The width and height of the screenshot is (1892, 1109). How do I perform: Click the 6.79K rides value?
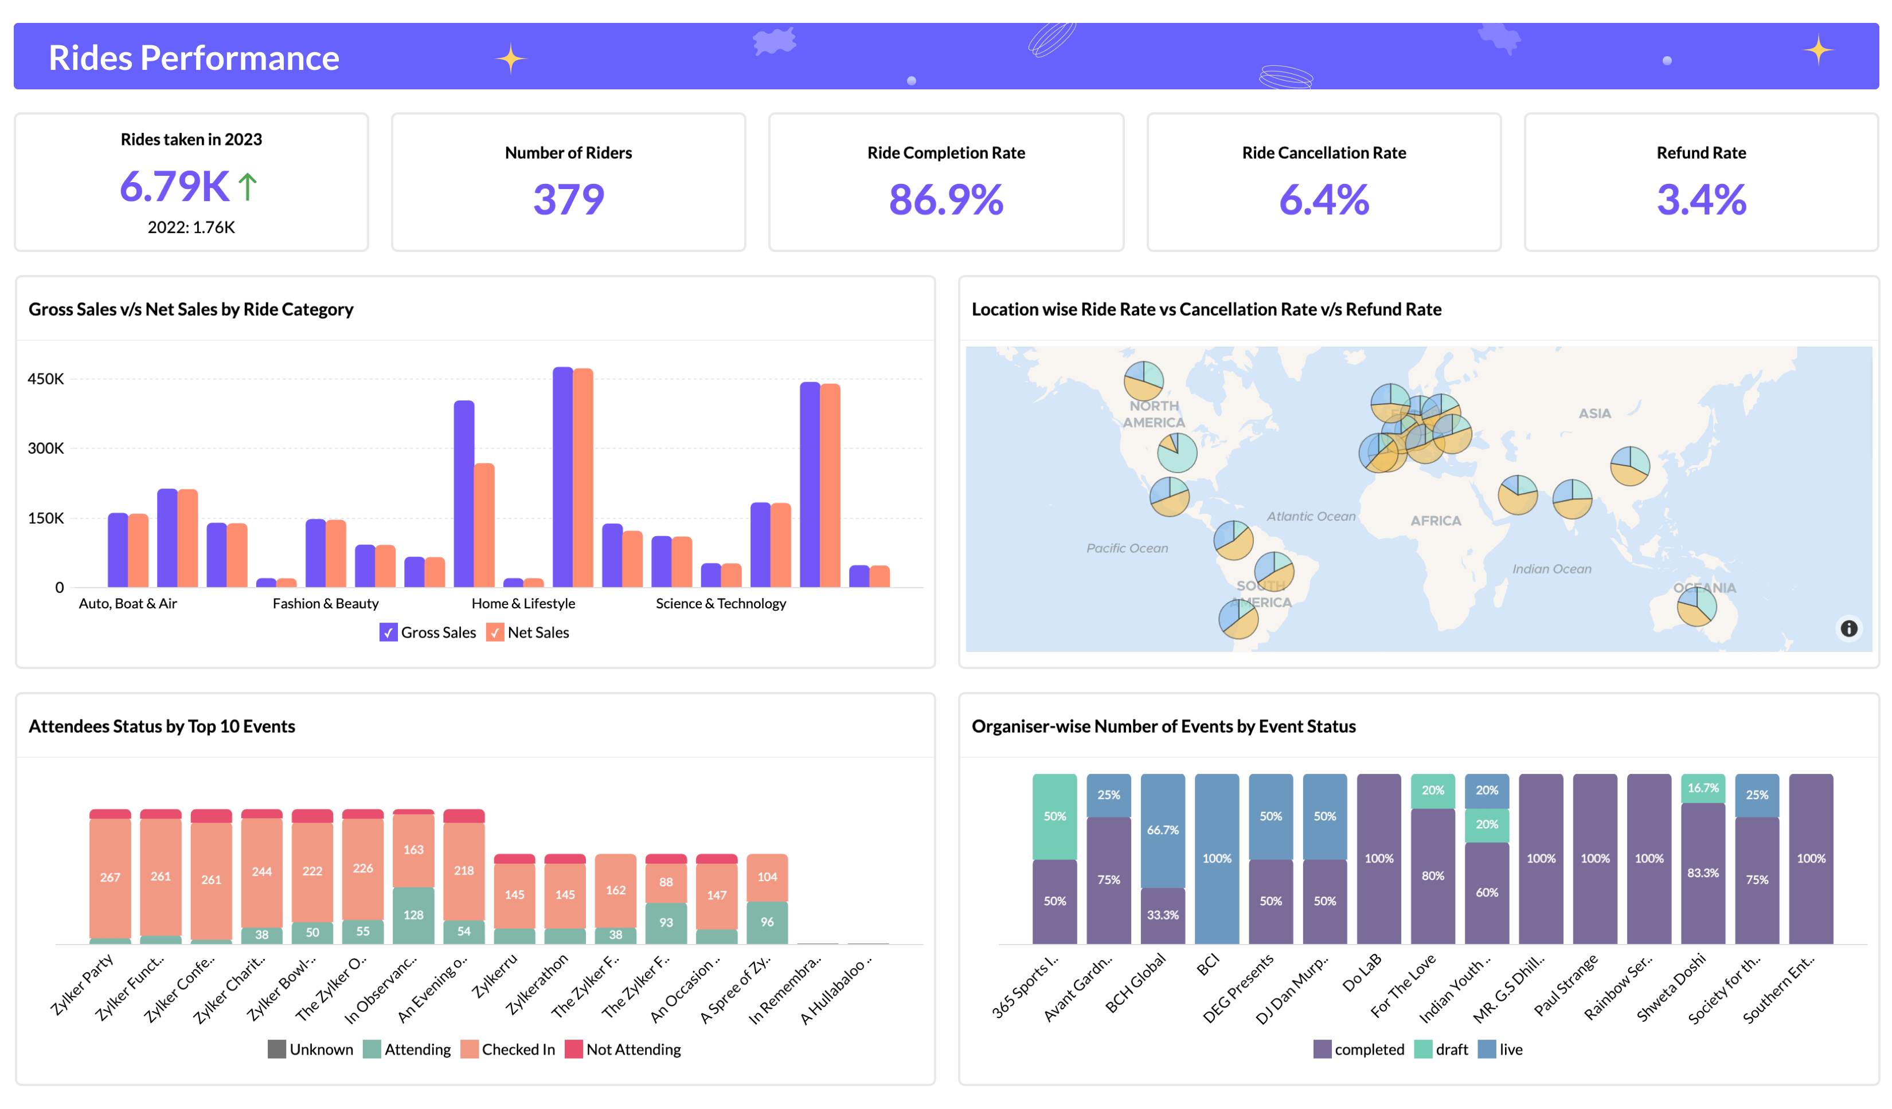click(174, 186)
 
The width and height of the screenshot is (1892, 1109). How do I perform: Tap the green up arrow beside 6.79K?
click(248, 187)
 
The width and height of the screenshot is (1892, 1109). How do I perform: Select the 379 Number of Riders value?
click(568, 199)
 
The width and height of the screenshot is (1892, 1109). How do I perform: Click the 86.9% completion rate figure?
click(945, 199)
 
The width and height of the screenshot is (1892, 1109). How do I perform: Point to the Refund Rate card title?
click(1701, 153)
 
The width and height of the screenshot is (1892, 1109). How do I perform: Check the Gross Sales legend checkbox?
click(388, 632)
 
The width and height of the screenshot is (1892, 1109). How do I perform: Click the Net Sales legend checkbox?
click(495, 632)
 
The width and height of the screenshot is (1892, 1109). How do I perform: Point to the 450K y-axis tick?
click(46, 379)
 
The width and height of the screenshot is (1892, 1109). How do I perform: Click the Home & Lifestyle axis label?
click(523, 603)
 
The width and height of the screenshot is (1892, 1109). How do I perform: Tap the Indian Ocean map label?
click(1551, 569)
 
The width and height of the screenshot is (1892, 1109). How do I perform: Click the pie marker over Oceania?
click(1696, 606)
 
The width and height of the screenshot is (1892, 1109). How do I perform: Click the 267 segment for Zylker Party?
click(110, 877)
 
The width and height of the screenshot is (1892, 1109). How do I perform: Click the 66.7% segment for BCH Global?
click(1162, 830)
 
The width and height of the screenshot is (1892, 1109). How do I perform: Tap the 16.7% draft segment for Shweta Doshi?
click(1702, 788)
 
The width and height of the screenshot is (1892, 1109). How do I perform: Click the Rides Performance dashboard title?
click(194, 58)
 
